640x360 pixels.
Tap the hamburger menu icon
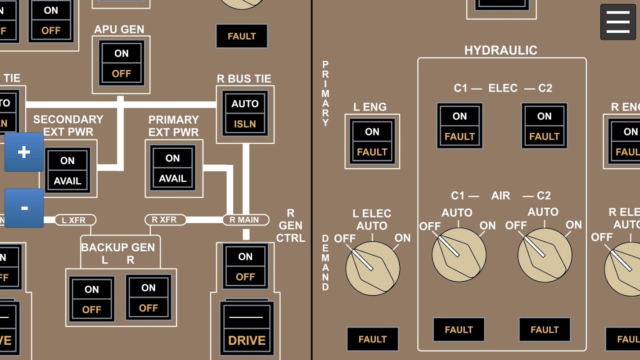[617, 22]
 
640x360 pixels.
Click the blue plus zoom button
[24, 152]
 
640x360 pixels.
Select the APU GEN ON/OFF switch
[121, 63]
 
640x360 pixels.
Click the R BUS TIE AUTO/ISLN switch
[245, 114]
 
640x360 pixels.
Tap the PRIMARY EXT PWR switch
[173, 168]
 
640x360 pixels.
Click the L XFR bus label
[76, 220]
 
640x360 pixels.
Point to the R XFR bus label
[165, 220]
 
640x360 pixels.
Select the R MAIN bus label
[246, 220]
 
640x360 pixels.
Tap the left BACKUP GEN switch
[92, 299]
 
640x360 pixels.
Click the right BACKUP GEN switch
[148, 297]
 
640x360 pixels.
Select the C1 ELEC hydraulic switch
[460, 126]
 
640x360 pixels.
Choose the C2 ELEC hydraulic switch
[544, 126]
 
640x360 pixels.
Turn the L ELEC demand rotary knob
[372, 268]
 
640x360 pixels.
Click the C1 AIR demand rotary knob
[459, 255]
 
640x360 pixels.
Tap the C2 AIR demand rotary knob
[545, 255]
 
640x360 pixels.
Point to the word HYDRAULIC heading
[500, 50]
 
